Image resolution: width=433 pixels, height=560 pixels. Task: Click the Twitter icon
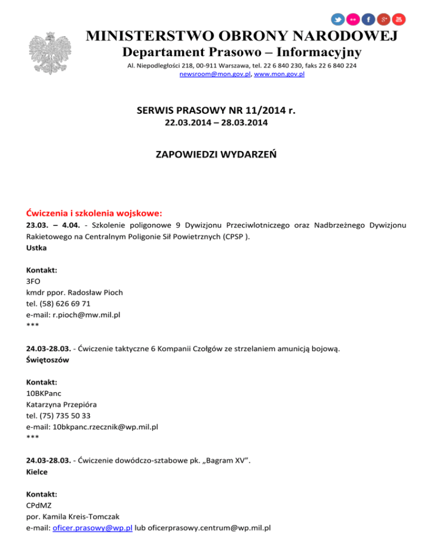click(338, 19)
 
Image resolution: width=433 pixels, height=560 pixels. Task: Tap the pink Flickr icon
click(353, 19)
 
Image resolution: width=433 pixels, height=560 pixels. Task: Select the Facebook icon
click(368, 19)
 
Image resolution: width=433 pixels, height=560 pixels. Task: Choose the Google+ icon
click(383, 19)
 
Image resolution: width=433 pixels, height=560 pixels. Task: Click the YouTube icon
click(399, 19)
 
